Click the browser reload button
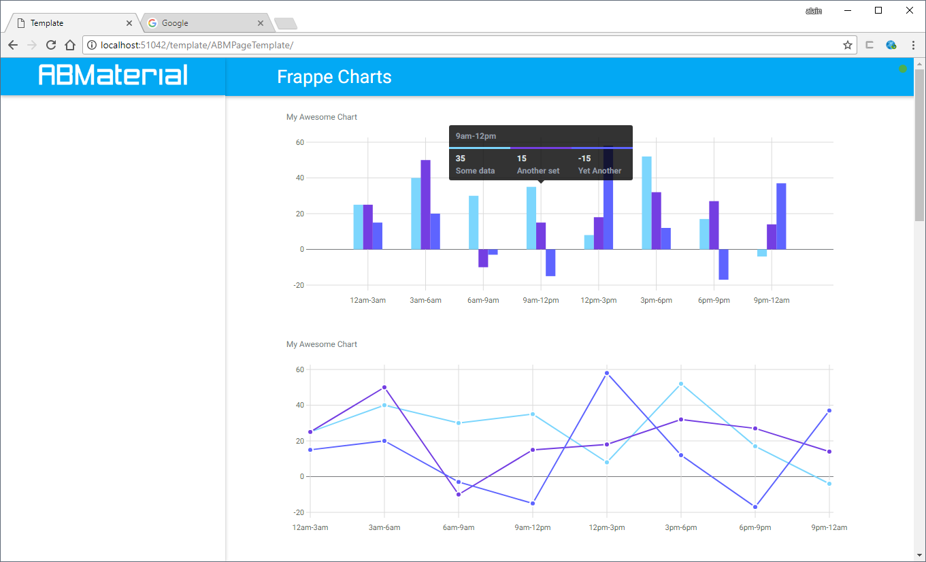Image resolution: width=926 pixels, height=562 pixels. pos(50,45)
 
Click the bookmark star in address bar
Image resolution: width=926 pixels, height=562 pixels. pos(847,45)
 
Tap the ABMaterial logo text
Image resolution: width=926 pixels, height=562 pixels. pos(113,75)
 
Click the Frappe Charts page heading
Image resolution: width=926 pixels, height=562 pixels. pos(334,77)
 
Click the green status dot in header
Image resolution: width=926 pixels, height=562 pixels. pos(903,69)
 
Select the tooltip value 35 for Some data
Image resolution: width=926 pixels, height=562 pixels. pos(461,159)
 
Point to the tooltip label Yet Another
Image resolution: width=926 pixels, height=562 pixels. pos(599,171)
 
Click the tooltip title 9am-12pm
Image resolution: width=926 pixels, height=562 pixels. pos(476,136)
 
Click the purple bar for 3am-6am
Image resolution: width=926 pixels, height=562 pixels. pos(425,204)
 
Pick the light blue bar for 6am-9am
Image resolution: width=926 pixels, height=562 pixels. pos(474,222)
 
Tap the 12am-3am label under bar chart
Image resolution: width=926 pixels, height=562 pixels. pos(367,300)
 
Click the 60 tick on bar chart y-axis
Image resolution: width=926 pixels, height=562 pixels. pos(299,143)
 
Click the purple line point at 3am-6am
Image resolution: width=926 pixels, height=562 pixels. pos(384,387)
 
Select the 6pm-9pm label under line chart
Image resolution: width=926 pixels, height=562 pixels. pos(754,527)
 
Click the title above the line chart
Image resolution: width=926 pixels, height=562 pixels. pos(322,344)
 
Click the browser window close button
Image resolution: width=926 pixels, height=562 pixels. pos(910,10)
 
